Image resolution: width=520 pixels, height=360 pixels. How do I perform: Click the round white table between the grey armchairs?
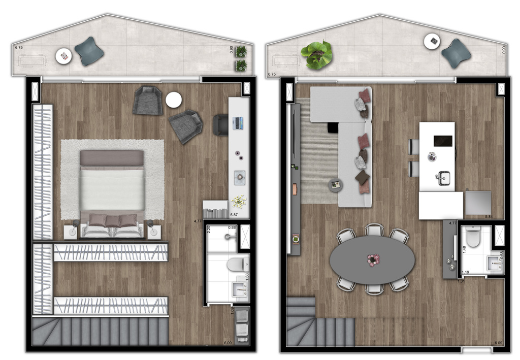pos(174,100)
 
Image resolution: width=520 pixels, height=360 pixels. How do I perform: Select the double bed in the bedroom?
pos(112,193)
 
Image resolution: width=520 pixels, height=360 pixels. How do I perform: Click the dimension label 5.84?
pos(489,217)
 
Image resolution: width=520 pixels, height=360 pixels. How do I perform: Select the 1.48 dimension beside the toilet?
pos(463,249)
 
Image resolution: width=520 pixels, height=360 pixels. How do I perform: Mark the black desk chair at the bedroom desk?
pos(220,125)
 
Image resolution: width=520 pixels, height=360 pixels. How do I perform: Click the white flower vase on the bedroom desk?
pos(238,202)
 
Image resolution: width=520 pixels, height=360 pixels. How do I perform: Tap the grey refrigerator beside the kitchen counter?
pos(478,202)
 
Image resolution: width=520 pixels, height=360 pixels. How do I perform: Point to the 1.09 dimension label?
pos(233,310)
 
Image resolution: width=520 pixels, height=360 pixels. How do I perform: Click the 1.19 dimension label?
pos(466,273)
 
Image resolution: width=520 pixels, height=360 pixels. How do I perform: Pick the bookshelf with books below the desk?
pos(215,209)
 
